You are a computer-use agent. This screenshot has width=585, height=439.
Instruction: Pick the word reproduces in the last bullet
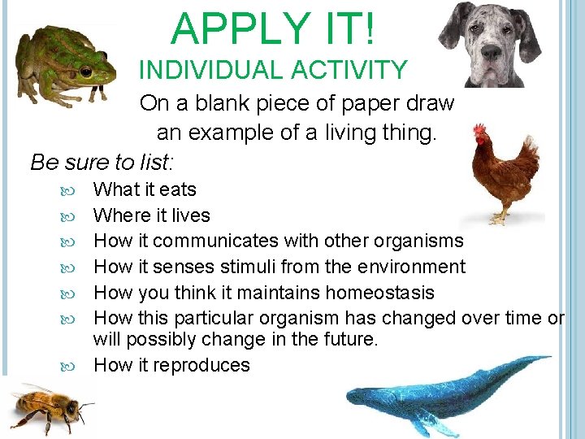pos(202,365)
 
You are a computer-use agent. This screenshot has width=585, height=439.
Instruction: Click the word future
pos(350,339)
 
